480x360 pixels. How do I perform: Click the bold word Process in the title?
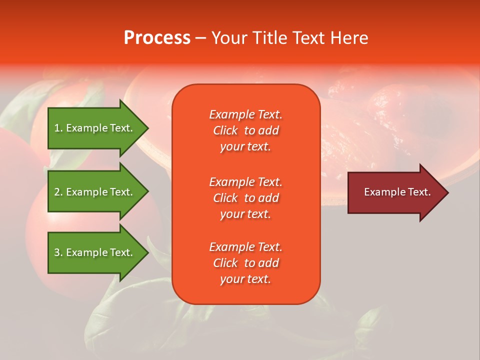(x=157, y=38)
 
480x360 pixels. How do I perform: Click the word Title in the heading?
(x=270, y=38)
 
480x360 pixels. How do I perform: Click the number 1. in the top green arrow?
(x=58, y=128)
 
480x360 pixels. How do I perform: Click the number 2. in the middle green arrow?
(x=58, y=192)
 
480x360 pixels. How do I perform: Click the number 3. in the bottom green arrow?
(x=58, y=252)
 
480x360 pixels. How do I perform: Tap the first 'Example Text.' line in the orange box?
(x=245, y=114)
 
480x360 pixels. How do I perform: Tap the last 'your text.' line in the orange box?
(x=245, y=279)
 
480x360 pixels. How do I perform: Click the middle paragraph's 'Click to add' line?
(x=245, y=198)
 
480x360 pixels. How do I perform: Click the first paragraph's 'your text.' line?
(x=245, y=146)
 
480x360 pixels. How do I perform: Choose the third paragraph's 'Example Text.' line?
(x=245, y=247)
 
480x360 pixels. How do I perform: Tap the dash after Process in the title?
(x=200, y=38)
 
